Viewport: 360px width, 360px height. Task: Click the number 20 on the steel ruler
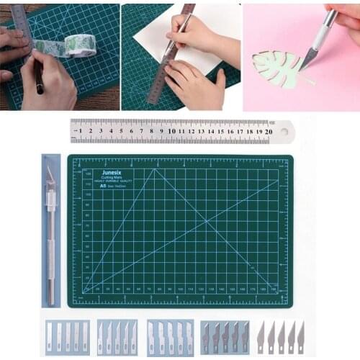(268, 132)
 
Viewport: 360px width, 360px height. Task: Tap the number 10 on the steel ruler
(171, 132)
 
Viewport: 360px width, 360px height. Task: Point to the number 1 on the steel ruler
(81, 132)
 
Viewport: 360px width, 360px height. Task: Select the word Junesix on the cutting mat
(112, 173)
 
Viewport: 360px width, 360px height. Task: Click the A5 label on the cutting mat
(104, 186)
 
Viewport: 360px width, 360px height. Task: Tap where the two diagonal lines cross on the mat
(207, 222)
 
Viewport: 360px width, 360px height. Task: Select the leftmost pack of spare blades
(67, 338)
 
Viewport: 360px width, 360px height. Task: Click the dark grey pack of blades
(225, 338)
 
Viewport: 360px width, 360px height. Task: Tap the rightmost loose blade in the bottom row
(300, 337)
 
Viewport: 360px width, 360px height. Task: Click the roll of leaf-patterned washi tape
(80, 45)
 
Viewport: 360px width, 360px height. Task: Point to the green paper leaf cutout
(274, 68)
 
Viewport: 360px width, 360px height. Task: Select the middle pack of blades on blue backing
(119, 338)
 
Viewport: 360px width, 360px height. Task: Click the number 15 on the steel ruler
(220, 132)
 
